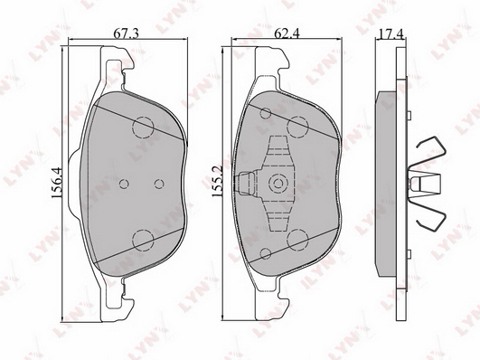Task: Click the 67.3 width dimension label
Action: click(127, 33)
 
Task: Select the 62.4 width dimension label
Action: click(287, 33)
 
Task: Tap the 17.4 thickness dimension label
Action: click(390, 33)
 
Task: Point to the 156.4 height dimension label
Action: click(57, 183)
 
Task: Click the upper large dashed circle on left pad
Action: click(143, 127)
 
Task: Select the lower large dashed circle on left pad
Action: click(143, 239)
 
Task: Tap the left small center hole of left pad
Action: click(124, 184)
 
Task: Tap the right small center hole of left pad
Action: click(159, 184)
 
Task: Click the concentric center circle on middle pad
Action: click(278, 184)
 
